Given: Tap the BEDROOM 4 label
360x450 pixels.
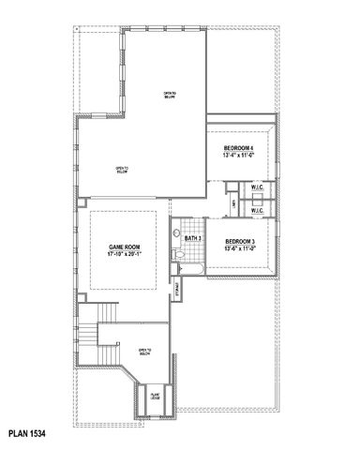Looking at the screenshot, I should click(x=240, y=148).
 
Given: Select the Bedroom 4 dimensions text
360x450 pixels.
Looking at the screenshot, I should click(x=240, y=156).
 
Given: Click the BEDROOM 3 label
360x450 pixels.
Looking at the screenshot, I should click(x=240, y=242).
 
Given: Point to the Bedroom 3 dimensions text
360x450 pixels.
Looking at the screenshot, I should click(x=240, y=249).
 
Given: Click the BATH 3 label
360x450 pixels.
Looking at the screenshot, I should click(x=194, y=239).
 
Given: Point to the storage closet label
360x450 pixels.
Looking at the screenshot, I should click(x=177, y=292).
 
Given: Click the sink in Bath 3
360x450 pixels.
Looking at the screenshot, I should click(x=176, y=231).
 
